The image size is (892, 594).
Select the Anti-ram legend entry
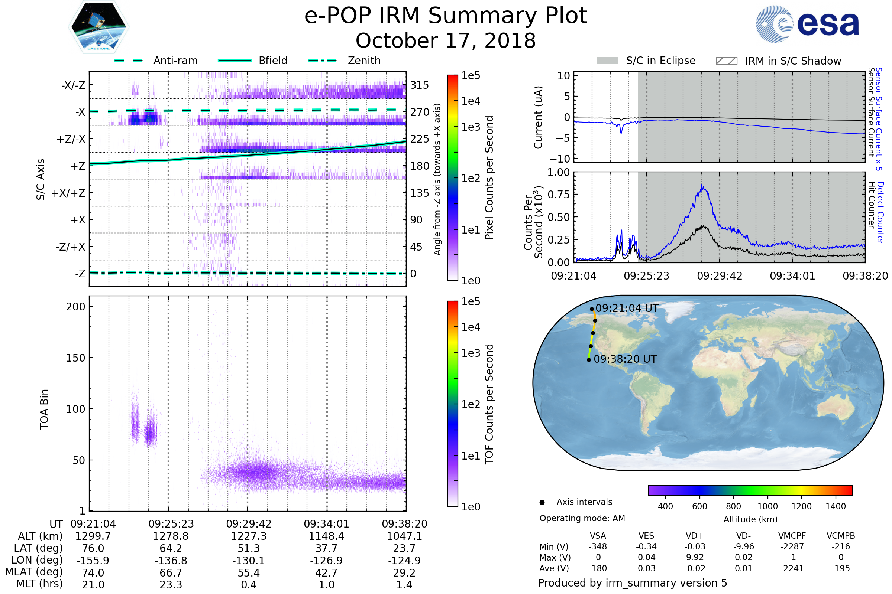point(175,61)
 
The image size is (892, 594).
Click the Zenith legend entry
point(364,61)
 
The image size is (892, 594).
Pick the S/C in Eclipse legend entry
point(660,61)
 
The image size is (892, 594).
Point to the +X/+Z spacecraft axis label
point(68,193)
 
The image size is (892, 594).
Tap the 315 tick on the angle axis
point(419,85)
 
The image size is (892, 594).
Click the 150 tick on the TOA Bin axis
point(75,358)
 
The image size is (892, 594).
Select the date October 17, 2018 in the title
point(446,40)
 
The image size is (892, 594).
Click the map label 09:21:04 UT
point(627,309)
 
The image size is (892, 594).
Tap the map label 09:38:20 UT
point(625,359)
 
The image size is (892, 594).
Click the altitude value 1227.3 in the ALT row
point(248,536)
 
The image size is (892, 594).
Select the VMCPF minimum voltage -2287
point(792,546)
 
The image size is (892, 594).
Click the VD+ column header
point(694,536)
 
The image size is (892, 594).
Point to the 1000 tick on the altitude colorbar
point(767,506)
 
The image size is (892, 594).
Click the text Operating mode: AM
point(582,518)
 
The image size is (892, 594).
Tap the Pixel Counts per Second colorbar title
point(489,178)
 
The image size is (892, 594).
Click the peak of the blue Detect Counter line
point(702,185)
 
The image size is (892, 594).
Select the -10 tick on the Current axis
point(560,159)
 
